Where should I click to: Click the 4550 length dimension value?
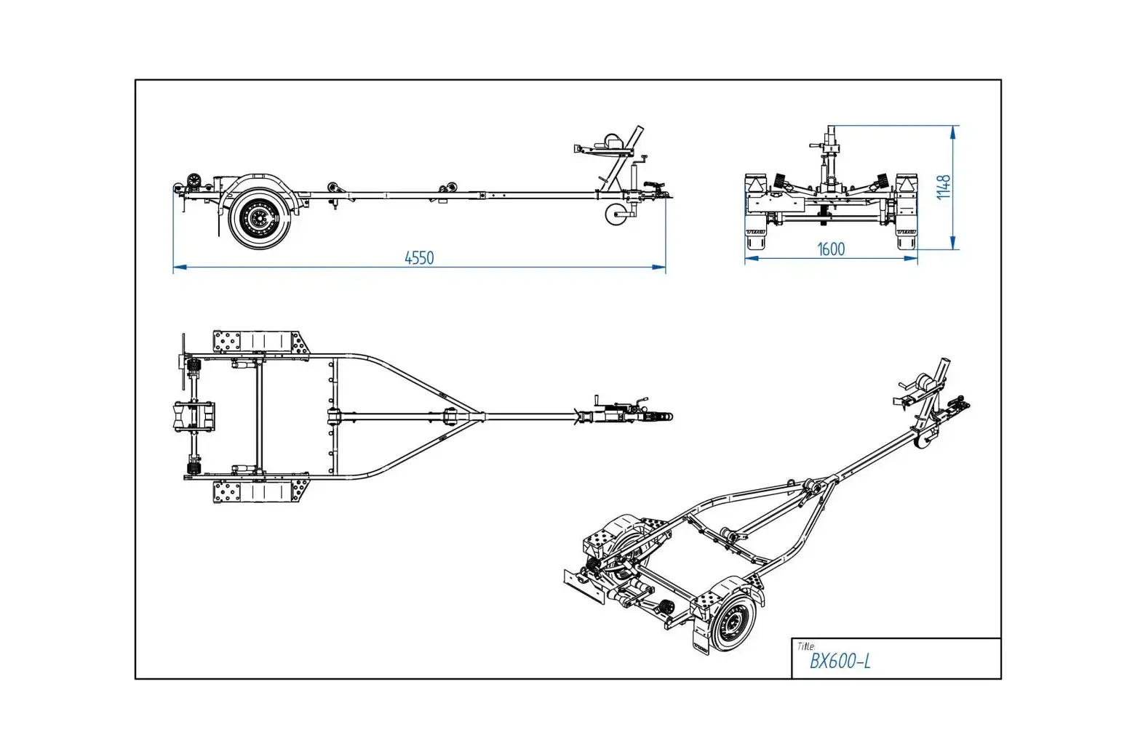[x=419, y=257]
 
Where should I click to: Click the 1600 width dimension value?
[x=831, y=249]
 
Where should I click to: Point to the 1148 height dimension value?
[x=944, y=187]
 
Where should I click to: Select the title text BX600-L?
[x=840, y=661]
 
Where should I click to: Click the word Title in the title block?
[x=805, y=646]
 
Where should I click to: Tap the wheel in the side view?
[x=259, y=217]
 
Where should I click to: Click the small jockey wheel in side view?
[x=615, y=214]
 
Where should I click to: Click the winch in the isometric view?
[x=922, y=383]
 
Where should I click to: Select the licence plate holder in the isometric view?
[x=584, y=586]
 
